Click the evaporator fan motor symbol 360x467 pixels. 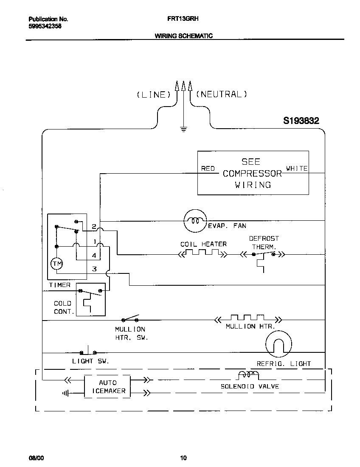coord(194,221)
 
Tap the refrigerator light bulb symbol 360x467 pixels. coord(279,343)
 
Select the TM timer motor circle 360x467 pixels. coord(56,264)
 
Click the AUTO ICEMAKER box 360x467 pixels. coord(107,386)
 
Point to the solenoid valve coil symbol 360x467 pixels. coord(248,375)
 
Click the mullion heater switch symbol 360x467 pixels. coord(131,318)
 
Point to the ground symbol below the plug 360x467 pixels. coord(183,129)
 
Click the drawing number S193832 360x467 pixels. coord(301,121)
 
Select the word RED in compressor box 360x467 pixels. coord(208,169)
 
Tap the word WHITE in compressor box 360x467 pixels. coord(297,169)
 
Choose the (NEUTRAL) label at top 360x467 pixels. coord(221,94)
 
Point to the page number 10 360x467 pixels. coord(183,458)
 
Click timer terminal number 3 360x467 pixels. coord(94,269)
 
